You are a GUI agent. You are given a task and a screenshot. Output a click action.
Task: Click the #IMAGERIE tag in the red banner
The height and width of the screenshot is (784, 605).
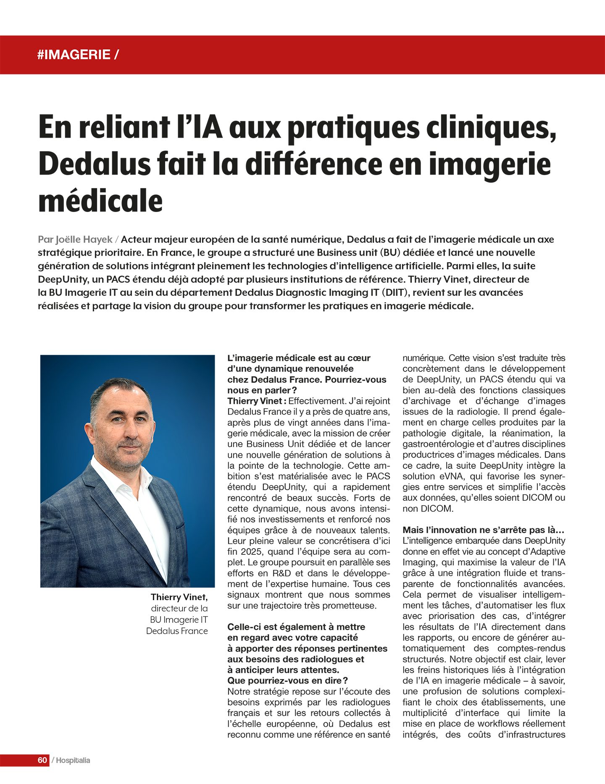coord(74,55)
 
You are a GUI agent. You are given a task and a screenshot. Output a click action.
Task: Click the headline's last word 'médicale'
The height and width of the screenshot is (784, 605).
coord(100,201)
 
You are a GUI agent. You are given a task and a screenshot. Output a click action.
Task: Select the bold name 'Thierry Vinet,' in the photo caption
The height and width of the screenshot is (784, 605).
coord(179,597)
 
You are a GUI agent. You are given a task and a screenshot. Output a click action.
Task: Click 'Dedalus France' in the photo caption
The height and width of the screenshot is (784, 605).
coord(177,631)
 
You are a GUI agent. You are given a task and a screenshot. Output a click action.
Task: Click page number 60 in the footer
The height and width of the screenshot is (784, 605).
coord(42,760)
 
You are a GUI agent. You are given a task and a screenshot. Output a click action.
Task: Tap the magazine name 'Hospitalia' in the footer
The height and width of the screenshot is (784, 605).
coord(73,760)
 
